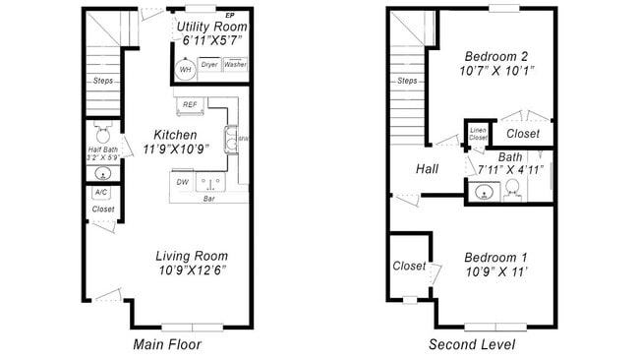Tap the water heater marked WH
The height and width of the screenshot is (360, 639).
(184, 69)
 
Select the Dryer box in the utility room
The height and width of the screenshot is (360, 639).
(209, 65)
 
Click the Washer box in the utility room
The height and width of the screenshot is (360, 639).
(235, 65)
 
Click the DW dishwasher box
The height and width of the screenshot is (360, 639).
(182, 182)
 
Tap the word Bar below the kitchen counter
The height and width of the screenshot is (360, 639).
(208, 199)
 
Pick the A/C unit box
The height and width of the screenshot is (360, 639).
(102, 193)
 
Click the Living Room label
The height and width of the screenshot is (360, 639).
(192, 256)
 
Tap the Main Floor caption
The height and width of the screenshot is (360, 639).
(167, 344)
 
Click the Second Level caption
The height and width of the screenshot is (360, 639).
(471, 344)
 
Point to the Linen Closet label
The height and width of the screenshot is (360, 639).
(478, 134)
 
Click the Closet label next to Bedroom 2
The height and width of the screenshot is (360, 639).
(522, 133)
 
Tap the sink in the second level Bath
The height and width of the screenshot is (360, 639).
(482, 192)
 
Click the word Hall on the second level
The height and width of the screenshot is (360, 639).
(427, 169)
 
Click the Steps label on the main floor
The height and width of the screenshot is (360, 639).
(102, 82)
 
